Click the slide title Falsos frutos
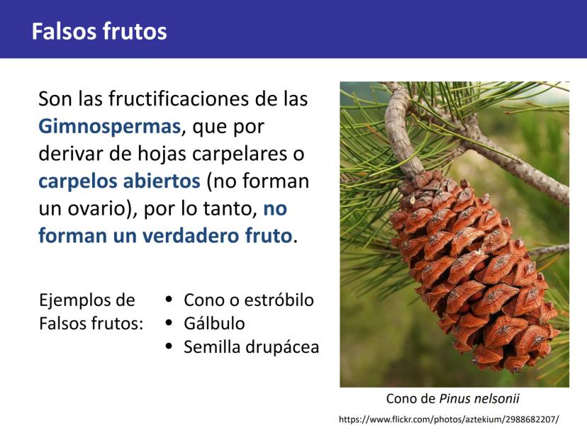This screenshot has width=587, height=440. click(x=99, y=31)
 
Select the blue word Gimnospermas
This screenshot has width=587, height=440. click(x=110, y=126)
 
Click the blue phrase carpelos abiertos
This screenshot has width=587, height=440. click(x=119, y=181)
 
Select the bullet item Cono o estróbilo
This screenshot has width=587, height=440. click(x=249, y=300)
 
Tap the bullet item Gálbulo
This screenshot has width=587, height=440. click(x=214, y=323)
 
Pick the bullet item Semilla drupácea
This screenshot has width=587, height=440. click(x=251, y=347)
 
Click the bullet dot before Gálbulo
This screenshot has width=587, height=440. click(x=169, y=322)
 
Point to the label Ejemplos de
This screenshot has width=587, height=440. click(x=87, y=300)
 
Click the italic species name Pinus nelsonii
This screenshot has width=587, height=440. click(x=479, y=399)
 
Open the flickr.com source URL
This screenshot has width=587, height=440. click(x=449, y=419)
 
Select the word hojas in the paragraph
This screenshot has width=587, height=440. click(x=162, y=154)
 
